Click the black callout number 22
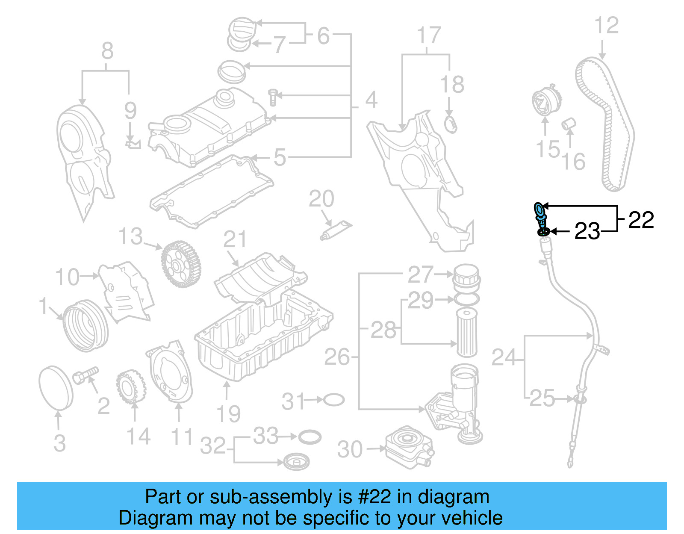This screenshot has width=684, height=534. [641, 220]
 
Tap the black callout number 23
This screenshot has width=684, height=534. [587, 231]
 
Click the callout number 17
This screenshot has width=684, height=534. [428, 35]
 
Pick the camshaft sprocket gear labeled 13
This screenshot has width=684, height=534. [181, 264]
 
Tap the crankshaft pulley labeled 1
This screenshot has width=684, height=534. [85, 325]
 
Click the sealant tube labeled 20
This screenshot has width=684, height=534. [336, 230]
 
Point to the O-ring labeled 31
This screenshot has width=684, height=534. [334, 400]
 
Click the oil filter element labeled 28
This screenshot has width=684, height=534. [467, 332]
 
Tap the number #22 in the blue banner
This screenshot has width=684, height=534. [374, 497]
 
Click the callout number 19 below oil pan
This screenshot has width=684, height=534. [228, 413]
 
